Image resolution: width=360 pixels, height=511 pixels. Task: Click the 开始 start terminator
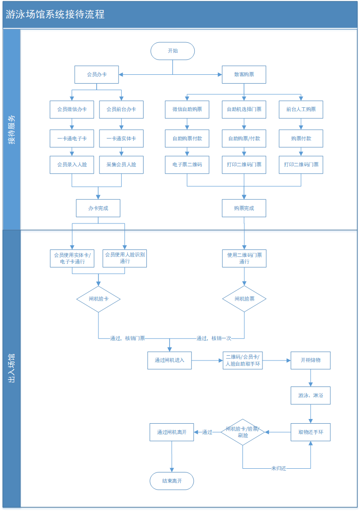pos(173,51)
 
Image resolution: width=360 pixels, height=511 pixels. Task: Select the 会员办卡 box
pos(97,75)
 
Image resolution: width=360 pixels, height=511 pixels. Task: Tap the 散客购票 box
pos(244,75)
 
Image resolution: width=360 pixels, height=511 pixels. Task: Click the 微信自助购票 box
pos(187,110)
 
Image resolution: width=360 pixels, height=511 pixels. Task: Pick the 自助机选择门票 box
pos(244,110)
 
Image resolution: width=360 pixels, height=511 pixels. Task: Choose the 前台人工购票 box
pos(301,110)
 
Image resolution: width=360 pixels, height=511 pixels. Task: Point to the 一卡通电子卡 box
pos(72,138)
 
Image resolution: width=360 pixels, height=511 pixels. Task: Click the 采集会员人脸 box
pos(121,164)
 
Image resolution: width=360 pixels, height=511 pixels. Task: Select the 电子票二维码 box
pos(187,164)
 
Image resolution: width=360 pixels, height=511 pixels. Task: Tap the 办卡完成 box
pos(98,208)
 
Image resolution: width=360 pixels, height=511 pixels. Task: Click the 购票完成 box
pos(244,208)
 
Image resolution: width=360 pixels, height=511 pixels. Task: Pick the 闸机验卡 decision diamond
pos(98,299)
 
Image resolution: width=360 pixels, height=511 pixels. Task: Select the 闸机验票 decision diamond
pos(244,299)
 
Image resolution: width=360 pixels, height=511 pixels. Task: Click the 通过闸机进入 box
pos(170,360)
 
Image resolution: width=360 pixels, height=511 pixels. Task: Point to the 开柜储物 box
pos(310,360)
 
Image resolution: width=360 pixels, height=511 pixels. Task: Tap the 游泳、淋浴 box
pos(310,396)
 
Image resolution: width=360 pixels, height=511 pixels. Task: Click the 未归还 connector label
pos(279,468)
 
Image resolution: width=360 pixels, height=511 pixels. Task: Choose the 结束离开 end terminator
pos(172,481)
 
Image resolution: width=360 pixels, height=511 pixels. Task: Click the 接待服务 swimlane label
pos(12,130)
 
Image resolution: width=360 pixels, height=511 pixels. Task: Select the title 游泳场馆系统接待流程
pos(55,14)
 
